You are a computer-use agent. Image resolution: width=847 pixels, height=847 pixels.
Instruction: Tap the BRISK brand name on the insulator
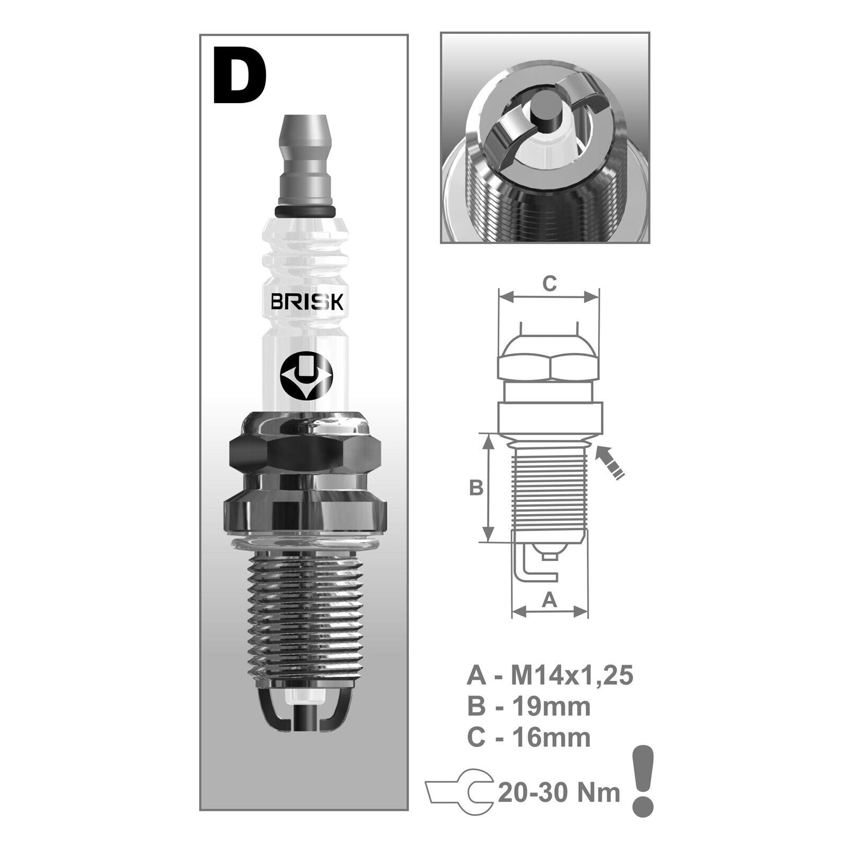point(307,302)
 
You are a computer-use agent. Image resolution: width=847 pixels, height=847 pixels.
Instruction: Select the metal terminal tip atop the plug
point(307,160)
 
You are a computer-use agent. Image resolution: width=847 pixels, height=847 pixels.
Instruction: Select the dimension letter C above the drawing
point(550,284)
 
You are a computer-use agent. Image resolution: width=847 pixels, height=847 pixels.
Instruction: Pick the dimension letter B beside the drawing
point(476,487)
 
